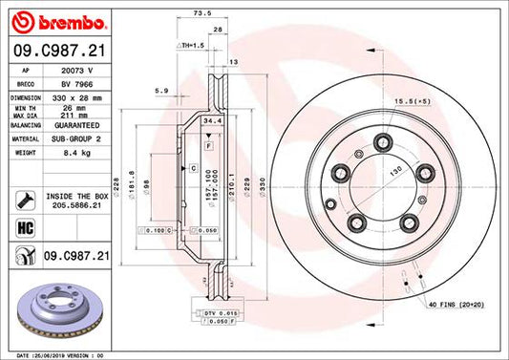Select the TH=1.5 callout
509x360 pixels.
[x=192, y=45]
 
